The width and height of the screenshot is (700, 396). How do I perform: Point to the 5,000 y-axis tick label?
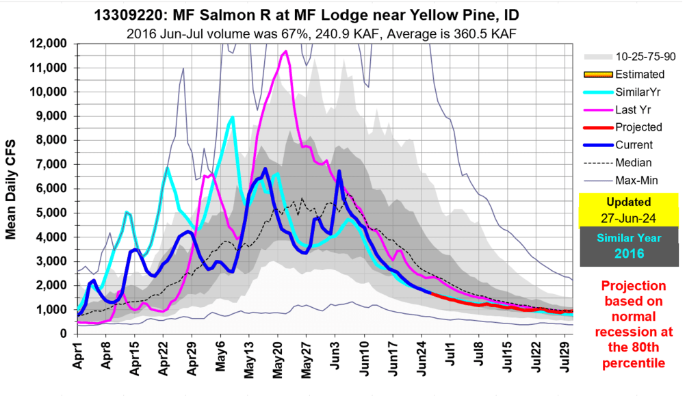pos(51,213)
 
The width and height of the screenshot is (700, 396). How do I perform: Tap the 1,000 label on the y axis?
pos(51,311)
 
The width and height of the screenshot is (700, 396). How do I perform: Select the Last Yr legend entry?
pos(633,109)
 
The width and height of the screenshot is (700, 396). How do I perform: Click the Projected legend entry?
pos(638,127)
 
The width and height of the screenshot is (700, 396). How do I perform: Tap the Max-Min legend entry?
pos(636,180)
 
